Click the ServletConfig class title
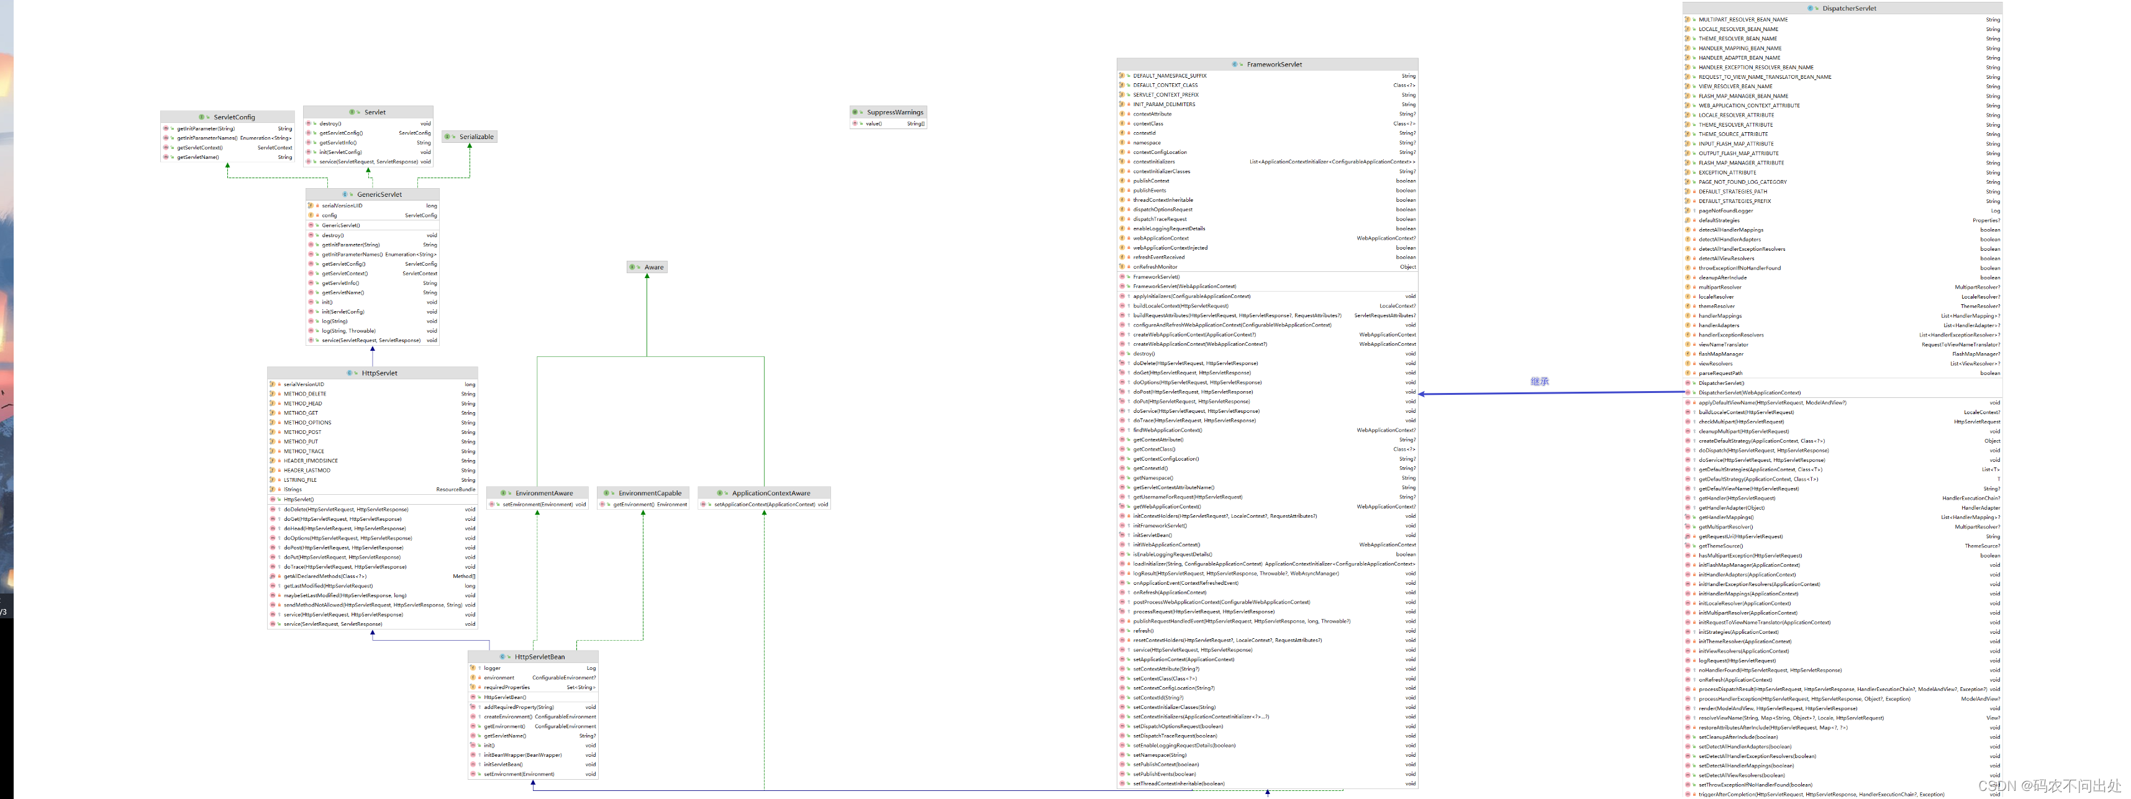click(x=234, y=117)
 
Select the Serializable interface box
click(x=476, y=137)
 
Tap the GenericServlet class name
click(x=379, y=195)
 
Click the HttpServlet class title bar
click(x=379, y=374)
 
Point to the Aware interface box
click(x=653, y=267)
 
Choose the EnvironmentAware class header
click(x=543, y=494)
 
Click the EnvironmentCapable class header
click(x=650, y=494)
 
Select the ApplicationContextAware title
click(x=770, y=494)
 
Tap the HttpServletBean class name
click(x=539, y=657)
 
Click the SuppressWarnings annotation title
click(x=894, y=112)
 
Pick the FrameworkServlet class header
click(x=1274, y=65)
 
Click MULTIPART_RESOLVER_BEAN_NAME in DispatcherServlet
click(x=1743, y=20)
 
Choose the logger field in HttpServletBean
click(x=492, y=668)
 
